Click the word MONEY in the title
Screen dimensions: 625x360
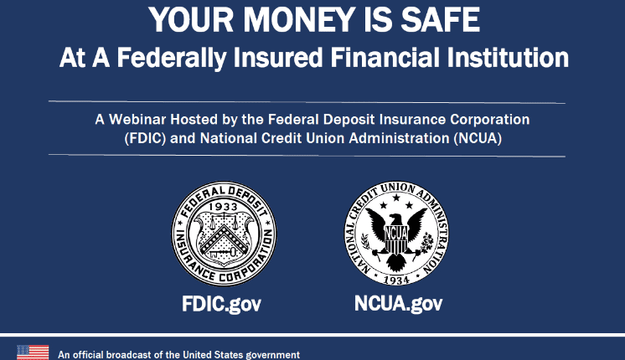pos(299,19)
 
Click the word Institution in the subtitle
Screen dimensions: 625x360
pos(508,58)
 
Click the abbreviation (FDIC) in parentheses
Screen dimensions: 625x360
pos(145,139)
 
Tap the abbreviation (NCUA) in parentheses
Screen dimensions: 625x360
pos(478,139)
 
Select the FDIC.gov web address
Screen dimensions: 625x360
pos(222,304)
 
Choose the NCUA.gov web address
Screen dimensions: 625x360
pos(398,304)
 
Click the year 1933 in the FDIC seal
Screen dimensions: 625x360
pos(223,207)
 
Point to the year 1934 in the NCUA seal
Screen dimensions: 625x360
pos(396,280)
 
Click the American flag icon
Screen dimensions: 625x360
pos(33,352)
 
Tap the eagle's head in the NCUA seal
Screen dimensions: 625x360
pos(395,219)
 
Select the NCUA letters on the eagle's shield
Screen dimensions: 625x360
pos(395,233)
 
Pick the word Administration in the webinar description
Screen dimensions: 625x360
pos(399,139)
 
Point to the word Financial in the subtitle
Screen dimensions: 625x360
pos(385,58)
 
